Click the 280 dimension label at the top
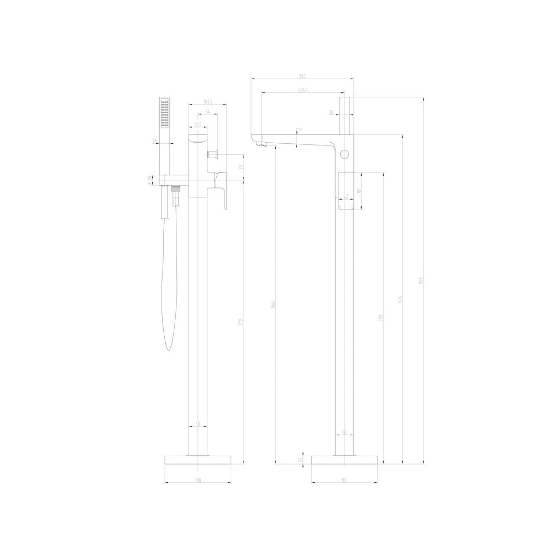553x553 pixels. [302, 76]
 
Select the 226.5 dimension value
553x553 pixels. [302, 90]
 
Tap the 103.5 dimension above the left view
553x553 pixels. [208, 101]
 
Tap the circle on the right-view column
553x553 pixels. [345, 154]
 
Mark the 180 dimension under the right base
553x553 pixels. [345, 480]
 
